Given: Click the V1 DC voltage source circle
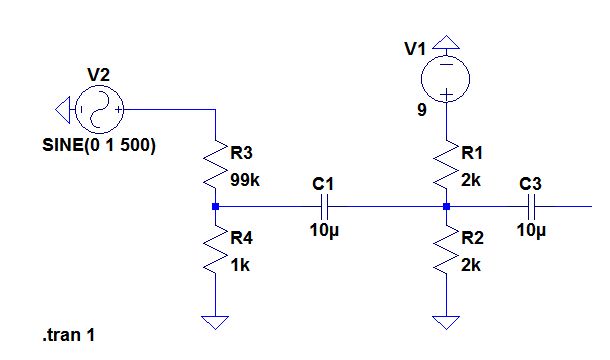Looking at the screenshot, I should click(446, 76).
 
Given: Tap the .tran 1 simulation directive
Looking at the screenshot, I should click(69, 336).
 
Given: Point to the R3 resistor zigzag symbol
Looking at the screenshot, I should click(215, 165).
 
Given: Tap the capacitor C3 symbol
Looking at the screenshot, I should click(532, 207).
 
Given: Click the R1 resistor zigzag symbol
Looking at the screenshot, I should click(446, 165).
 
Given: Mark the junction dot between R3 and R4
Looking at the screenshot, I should click(215, 207).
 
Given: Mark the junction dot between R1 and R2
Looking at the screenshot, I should click(446, 207).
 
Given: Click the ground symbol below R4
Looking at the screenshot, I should click(215, 322).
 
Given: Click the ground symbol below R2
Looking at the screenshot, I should click(446, 322).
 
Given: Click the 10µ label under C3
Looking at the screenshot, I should click(533, 231).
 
